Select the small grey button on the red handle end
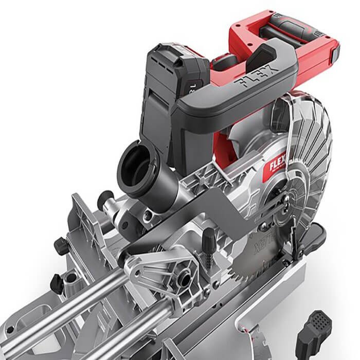point(335,51)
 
